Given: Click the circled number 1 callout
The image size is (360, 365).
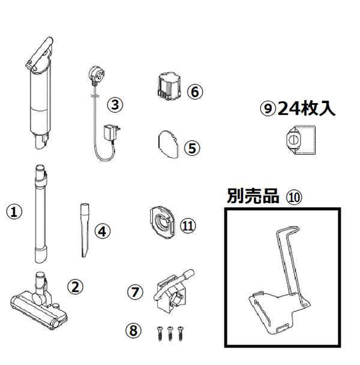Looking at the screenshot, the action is (x=14, y=212).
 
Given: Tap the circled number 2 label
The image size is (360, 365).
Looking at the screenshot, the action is (x=75, y=286).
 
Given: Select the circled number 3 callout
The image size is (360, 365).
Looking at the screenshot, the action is (x=115, y=104).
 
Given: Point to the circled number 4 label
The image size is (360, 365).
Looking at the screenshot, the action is (x=103, y=231).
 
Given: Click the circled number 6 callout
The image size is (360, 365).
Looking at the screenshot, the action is (x=195, y=92).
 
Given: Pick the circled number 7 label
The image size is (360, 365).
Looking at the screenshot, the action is (x=135, y=292).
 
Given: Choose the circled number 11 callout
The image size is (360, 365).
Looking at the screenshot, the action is (x=188, y=225).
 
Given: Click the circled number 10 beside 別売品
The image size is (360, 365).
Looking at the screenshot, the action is (x=294, y=197).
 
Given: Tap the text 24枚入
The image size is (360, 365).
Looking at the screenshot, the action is (x=307, y=108).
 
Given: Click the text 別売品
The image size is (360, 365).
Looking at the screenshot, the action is (x=253, y=196).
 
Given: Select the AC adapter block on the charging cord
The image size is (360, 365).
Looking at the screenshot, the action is (x=112, y=133).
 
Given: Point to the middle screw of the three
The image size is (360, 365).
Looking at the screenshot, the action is (x=170, y=333).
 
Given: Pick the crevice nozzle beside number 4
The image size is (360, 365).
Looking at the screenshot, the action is (x=85, y=230).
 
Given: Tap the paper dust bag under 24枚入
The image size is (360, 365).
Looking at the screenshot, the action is (x=301, y=140).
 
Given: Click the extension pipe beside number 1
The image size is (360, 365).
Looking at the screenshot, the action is (x=41, y=214).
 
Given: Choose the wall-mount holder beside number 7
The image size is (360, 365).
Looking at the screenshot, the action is (x=173, y=291).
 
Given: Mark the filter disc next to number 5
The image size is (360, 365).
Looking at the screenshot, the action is (x=169, y=144).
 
